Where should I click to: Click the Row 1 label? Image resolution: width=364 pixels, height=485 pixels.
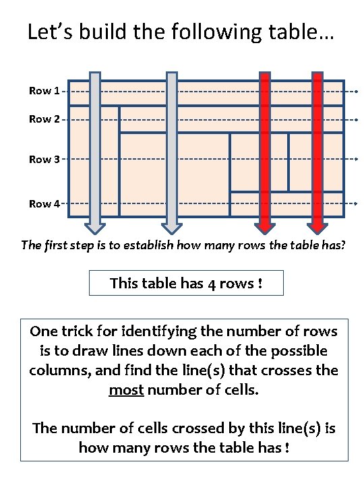(x=44, y=91)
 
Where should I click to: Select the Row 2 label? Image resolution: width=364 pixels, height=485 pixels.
(x=44, y=119)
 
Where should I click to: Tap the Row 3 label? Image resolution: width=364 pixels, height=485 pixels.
(x=44, y=159)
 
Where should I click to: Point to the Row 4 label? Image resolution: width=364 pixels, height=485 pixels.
(x=44, y=203)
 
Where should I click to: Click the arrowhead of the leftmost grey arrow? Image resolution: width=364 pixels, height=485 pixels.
(x=95, y=229)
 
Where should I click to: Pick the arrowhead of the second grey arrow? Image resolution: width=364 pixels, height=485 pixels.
(x=172, y=229)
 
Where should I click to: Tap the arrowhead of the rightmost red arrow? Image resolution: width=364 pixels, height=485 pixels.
(x=317, y=229)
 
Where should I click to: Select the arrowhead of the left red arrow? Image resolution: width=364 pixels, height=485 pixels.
(x=265, y=229)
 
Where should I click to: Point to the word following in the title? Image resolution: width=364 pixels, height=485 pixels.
(x=216, y=32)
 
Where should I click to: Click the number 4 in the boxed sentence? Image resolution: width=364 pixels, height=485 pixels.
(x=212, y=284)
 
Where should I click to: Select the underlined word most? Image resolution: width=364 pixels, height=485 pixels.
(x=126, y=390)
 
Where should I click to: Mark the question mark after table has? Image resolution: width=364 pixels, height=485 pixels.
(x=342, y=245)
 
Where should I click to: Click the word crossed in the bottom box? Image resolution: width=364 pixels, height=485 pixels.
(x=198, y=428)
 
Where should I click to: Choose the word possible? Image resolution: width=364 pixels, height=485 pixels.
(x=299, y=352)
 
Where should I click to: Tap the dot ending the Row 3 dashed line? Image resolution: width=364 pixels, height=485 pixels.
(x=357, y=159)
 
